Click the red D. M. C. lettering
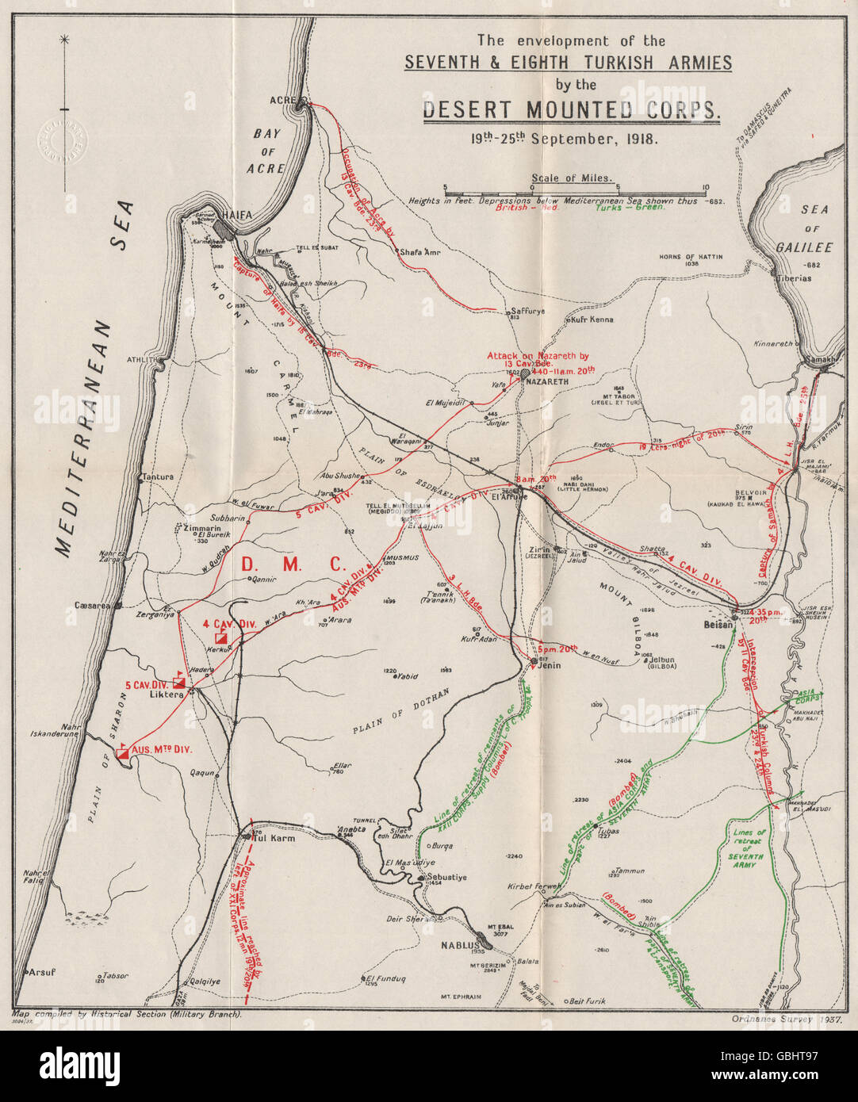[x=293, y=564]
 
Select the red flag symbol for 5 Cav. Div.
[x=179, y=682]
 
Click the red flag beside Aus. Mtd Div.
[x=123, y=752]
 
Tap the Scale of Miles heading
[x=583, y=179]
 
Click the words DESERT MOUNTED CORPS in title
[x=571, y=109]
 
